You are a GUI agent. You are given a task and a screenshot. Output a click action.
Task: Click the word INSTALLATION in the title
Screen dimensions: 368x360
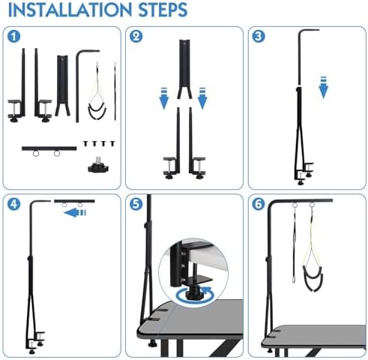pyautogui.click(x=70, y=10)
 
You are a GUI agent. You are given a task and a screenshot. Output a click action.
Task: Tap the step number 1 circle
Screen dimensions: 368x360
pyautogui.click(x=13, y=37)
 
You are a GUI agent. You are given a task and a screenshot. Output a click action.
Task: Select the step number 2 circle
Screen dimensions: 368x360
pyautogui.click(x=136, y=37)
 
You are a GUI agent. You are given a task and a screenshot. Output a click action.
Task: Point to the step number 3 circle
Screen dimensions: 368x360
pyautogui.click(x=259, y=37)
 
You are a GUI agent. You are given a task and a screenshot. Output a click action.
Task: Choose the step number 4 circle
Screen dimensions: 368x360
pyautogui.click(x=13, y=204)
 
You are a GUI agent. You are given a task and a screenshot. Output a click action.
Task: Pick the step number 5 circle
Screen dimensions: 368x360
pyautogui.click(x=136, y=204)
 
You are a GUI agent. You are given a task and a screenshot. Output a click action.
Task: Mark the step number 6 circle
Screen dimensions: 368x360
pyautogui.click(x=259, y=204)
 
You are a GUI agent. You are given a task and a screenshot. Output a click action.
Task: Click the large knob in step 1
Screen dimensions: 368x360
pyautogui.click(x=99, y=166)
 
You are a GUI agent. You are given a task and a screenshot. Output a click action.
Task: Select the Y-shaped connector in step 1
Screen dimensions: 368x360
pyautogui.click(x=62, y=85)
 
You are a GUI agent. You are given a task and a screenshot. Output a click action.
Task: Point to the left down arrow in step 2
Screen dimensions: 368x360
pyautogui.click(x=164, y=98)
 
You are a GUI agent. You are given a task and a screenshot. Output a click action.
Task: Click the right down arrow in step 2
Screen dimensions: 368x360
pyautogui.click(x=202, y=98)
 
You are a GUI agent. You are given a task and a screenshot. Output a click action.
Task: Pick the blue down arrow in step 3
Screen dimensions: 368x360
pyautogui.click(x=324, y=88)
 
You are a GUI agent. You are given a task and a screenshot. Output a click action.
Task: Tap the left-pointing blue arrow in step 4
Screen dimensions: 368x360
pyautogui.click(x=74, y=213)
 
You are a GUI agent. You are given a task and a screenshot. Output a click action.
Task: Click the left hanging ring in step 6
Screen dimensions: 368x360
pyautogui.click(x=295, y=205)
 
